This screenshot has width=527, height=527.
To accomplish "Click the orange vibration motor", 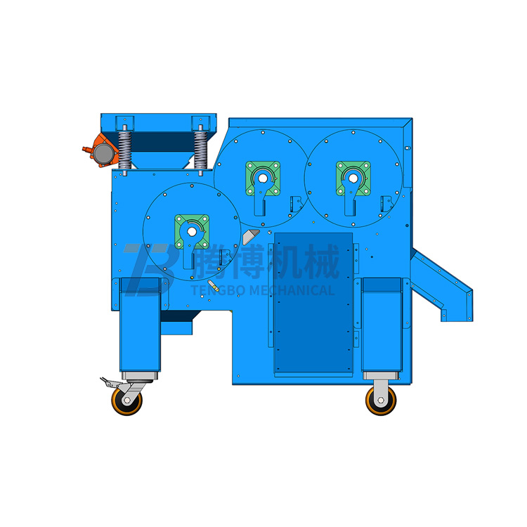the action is (100, 150).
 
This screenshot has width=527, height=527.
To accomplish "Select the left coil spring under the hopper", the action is (124, 150).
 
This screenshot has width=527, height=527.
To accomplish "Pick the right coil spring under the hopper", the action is (201, 150).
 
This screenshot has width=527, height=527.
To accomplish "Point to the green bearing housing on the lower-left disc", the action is (192, 232).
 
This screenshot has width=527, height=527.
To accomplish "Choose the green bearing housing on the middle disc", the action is (263, 178).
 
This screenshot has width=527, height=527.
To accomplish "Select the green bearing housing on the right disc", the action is (353, 178).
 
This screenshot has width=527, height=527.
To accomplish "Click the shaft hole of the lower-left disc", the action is (192, 232).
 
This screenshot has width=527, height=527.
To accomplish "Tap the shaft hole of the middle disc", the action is (263, 178).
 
